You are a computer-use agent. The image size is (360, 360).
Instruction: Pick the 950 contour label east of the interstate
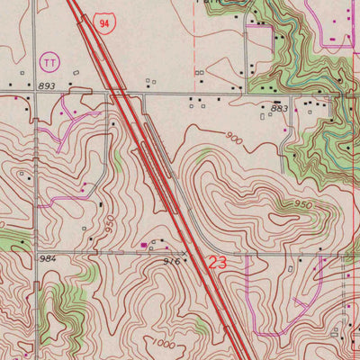pyautogui.click(x=304, y=205)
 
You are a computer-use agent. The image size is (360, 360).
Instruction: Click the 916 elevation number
pyautogui.click(x=174, y=260)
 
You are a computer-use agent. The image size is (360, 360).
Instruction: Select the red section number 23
pyautogui.click(x=217, y=264)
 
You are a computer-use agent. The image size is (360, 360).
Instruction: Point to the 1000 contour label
pyautogui.click(x=165, y=344)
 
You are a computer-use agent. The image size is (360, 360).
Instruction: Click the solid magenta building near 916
pyautogui.click(x=144, y=243)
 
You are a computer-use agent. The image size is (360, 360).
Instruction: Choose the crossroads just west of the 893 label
pyautogui.click(x=35, y=93)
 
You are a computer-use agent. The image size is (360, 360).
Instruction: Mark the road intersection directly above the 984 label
pyautogui.click(x=36, y=251)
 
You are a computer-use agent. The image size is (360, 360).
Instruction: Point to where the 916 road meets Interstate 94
pyautogui.click(x=193, y=253)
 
